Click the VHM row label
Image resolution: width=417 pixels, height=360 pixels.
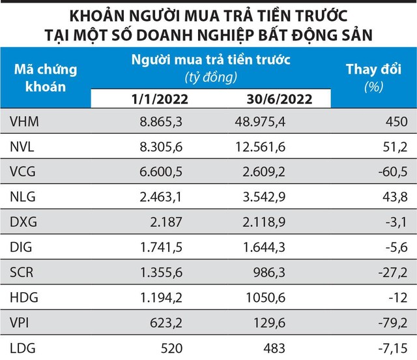tap(24, 121)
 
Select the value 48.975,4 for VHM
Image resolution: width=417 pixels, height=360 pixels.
tap(259, 121)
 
